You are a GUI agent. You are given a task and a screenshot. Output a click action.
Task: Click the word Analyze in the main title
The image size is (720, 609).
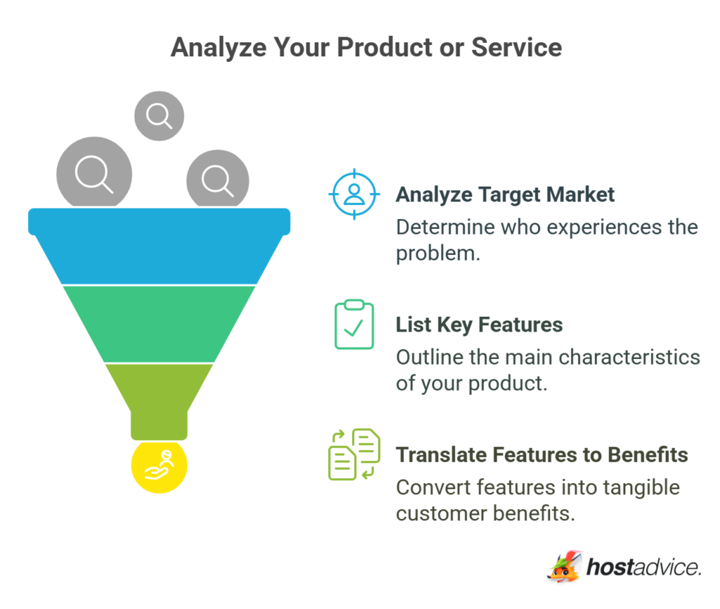(x=217, y=47)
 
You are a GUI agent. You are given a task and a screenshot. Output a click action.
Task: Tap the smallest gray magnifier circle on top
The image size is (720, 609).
(x=159, y=115)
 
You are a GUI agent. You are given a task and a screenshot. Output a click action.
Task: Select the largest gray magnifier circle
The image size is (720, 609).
(x=94, y=174)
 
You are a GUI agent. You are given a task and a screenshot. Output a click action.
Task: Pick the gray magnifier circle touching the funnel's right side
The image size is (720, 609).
(x=217, y=180)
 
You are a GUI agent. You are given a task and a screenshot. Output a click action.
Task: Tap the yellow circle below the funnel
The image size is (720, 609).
(x=159, y=467)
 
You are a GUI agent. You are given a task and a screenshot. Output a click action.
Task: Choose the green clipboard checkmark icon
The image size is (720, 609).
(x=354, y=325)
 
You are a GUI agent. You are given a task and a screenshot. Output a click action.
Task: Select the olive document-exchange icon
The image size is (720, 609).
(x=354, y=454)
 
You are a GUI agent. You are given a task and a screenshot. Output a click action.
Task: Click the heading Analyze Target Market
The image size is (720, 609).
(x=505, y=194)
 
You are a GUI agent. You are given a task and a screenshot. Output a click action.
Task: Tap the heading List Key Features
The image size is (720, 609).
(x=479, y=325)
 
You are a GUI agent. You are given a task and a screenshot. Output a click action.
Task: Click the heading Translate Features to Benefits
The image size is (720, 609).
(x=541, y=455)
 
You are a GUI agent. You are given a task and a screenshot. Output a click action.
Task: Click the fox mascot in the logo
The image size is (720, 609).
(x=564, y=567)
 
